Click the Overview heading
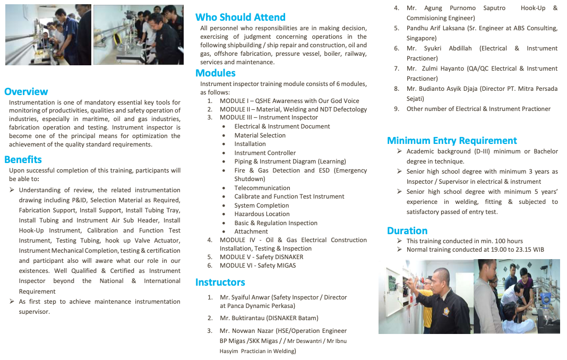coord(26,91)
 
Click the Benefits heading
coord(23,159)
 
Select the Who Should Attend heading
coord(240,17)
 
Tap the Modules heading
coord(216,73)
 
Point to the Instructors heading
coord(220,282)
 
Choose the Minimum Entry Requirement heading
coord(452,140)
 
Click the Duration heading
coord(407,230)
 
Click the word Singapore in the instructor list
coord(422,38)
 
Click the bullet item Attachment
coord(251,232)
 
